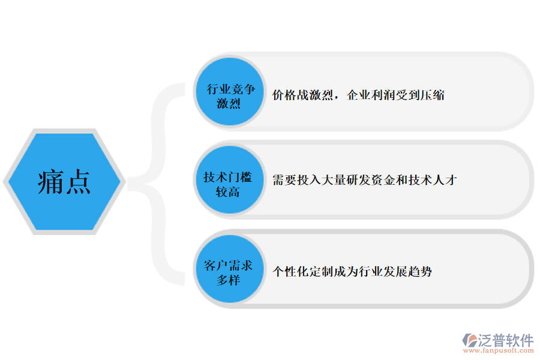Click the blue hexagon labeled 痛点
(64, 182)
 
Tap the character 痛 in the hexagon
(51, 182)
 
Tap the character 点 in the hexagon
(78, 182)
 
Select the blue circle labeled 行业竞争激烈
(230, 92)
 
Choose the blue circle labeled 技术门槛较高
(230, 180)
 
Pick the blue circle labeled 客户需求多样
(230, 269)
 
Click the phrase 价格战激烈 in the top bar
(303, 95)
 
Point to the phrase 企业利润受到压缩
(396, 95)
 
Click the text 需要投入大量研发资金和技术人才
(365, 180)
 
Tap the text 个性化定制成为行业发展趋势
(352, 271)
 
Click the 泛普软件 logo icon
(470, 341)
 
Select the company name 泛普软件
(506, 340)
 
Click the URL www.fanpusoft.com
(499, 350)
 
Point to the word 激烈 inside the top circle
(229, 103)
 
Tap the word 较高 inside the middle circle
(227, 192)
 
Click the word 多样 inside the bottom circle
(228, 280)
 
